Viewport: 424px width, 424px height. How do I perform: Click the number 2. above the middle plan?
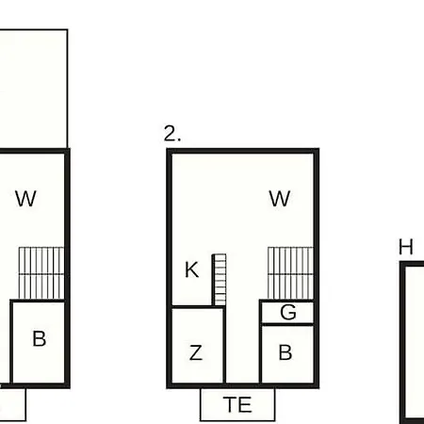(172, 134)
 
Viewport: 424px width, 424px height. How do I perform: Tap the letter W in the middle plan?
(280, 199)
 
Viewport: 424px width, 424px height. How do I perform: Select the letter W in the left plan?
(25, 199)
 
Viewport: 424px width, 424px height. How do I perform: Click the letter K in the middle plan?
(191, 269)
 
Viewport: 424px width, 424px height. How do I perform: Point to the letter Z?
(196, 352)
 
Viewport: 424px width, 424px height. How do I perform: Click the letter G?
(288, 312)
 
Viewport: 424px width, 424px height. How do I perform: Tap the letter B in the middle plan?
(285, 352)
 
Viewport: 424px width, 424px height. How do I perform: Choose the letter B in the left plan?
(40, 338)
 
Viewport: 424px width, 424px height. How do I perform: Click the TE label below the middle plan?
(237, 404)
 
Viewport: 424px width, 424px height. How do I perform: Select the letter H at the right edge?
(406, 247)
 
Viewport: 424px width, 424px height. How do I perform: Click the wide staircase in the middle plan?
(290, 273)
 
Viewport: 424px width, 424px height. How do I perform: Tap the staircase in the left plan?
(41, 273)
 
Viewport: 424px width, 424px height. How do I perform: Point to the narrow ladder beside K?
(220, 280)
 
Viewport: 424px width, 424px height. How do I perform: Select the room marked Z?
(197, 346)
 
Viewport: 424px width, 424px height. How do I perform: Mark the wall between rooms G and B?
(287, 324)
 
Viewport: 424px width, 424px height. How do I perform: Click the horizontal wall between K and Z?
(192, 307)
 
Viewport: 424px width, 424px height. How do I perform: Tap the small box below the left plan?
(12, 404)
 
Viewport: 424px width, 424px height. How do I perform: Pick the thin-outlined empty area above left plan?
(33, 89)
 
